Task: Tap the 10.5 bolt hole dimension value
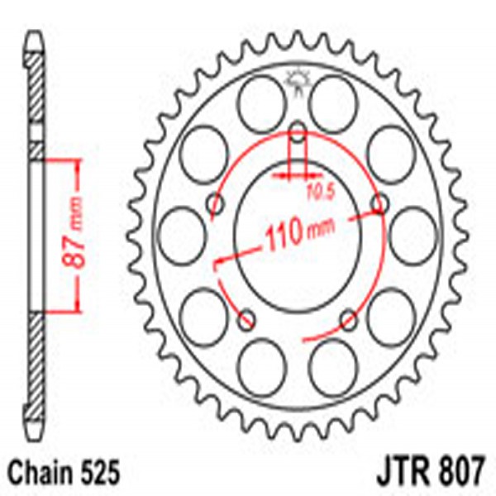(x=316, y=195)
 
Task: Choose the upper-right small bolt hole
(x=379, y=203)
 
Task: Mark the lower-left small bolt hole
(x=245, y=317)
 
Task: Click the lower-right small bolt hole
(x=350, y=317)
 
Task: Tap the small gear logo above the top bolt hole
(x=297, y=82)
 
